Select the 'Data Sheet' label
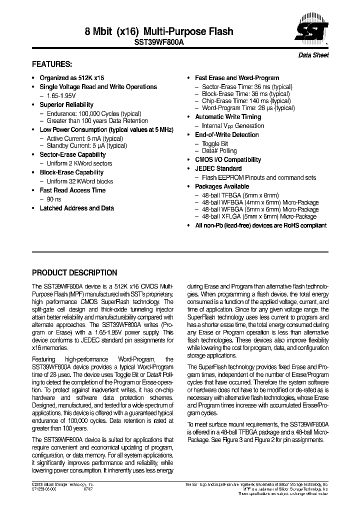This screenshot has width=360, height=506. point(313,55)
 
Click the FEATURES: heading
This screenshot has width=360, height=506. point(52,65)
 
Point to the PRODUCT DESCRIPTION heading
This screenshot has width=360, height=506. point(74,273)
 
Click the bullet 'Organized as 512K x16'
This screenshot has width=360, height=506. point(71,78)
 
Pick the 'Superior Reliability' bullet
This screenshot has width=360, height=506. point(66,105)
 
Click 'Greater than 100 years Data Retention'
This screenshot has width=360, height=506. point(97,121)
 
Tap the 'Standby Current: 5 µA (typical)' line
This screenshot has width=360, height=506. point(86,146)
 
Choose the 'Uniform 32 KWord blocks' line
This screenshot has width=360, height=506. point(80,181)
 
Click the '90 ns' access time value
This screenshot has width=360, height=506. point(54,199)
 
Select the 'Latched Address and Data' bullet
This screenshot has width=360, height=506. point(76,208)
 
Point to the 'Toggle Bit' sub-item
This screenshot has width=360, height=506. point(215,144)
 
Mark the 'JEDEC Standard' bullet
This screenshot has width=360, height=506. point(218,169)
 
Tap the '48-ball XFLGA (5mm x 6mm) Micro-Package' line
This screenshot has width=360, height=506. point(259,216)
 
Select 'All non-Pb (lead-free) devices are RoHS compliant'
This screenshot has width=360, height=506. point(260,226)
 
